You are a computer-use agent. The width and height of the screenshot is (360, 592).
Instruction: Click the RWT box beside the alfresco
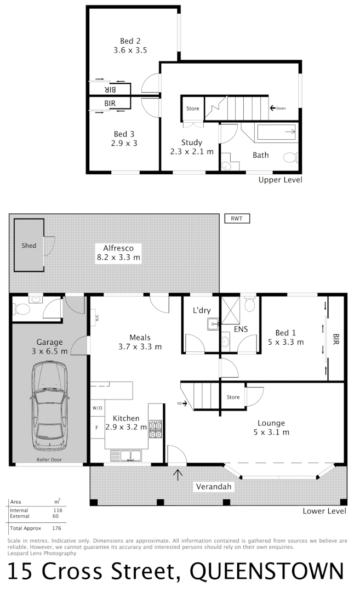click(237, 219)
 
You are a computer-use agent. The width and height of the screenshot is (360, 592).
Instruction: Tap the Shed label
click(29, 246)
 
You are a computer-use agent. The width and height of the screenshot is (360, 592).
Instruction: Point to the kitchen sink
click(125, 455)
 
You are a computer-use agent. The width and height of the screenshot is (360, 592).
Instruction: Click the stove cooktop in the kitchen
click(156, 429)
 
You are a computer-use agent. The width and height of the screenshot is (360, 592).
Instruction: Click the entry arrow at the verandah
click(178, 474)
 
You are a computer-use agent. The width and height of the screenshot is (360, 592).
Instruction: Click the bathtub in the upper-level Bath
click(277, 132)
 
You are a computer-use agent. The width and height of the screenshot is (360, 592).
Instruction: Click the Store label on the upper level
click(192, 109)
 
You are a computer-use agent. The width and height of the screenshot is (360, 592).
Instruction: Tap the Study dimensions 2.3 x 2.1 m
click(192, 152)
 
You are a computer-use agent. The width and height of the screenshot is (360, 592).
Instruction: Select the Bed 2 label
click(130, 41)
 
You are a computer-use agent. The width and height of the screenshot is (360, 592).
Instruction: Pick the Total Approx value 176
click(56, 529)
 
